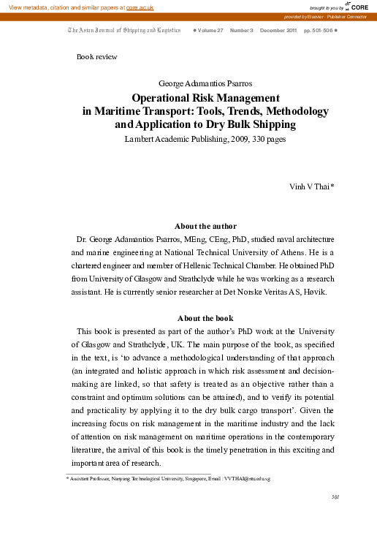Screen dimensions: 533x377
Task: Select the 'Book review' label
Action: click(96, 56)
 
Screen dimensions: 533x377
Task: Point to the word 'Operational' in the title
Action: click(163, 97)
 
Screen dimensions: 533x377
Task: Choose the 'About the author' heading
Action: click(205, 226)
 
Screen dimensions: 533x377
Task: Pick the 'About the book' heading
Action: click(205, 318)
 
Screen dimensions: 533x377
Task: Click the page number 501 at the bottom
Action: click(335, 497)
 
